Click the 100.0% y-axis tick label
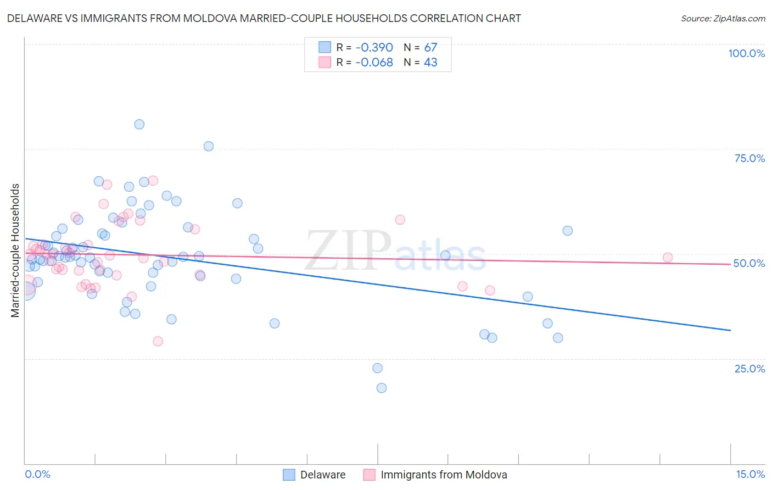pos(746,53)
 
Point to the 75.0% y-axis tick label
pos(749,158)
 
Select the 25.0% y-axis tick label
pos(749,368)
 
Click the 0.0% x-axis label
pos(37,474)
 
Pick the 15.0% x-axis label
pos(750,474)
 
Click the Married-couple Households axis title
pos(15,250)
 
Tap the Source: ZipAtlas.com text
pos(723,18)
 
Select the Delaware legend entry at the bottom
pos(322,475)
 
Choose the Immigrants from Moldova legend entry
pos(443,475)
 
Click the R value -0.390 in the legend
pos(374,47)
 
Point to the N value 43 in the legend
pos(430,63)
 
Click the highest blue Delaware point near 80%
pos(139,124)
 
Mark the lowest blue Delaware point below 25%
pos(382,388)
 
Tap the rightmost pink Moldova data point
pos(668,258)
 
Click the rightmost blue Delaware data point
pos(568,231)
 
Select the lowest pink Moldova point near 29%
pos(158,341)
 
